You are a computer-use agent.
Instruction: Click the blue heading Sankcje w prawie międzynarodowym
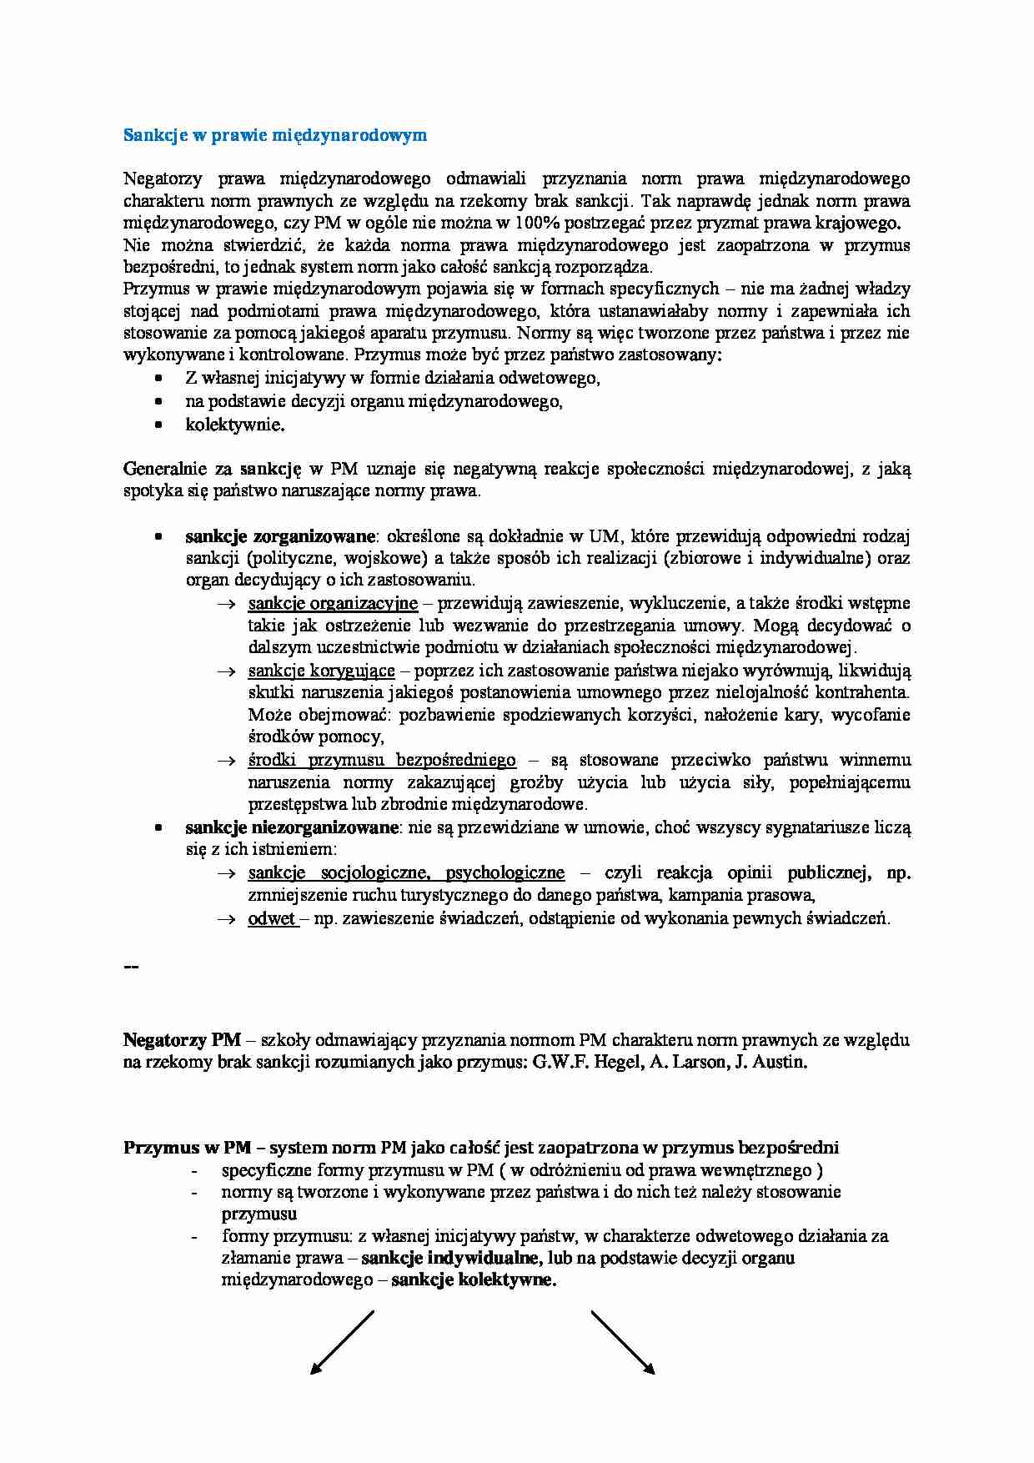coord(275,135)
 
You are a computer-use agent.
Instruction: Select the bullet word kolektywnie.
coord(234,425)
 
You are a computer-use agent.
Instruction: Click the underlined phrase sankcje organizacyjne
coord(332,603)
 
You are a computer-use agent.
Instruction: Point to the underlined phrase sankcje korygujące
coord(321,671)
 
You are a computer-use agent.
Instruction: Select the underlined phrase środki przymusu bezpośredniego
coord(382,760)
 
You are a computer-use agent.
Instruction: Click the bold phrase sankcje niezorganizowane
coord(291,827)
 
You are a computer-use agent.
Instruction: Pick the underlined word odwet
coord(272,918)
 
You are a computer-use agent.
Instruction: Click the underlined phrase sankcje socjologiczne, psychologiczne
coord(406,873)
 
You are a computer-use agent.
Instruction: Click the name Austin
coord(781,1063)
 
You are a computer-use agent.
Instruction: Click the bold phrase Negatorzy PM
coord(182,1040)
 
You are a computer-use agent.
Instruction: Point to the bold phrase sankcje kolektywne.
coord(473,1280)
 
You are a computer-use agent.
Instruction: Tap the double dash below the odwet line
coord(131,967)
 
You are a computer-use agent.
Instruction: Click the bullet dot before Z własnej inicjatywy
coord(157,378)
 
